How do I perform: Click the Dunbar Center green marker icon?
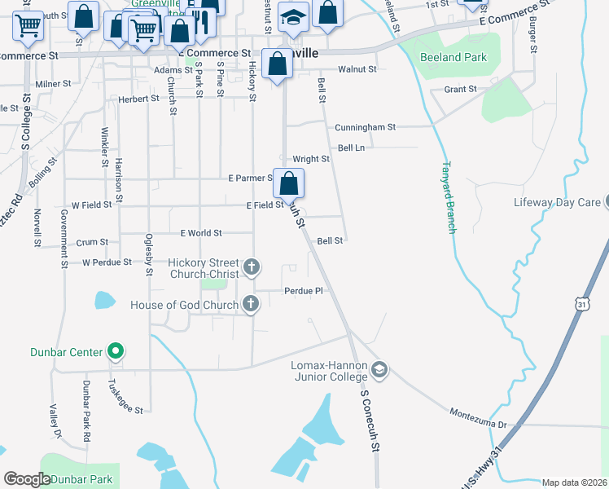point(116,352)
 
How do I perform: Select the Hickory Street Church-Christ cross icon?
point(252,267)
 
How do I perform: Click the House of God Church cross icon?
point(251,305)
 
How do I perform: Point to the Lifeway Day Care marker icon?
point(607,202)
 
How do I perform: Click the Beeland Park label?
point(453,57)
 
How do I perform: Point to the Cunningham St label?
point(366,127)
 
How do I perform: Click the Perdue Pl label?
point(304,291)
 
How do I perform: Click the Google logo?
point(28,479)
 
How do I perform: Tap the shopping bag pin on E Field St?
point(288,183)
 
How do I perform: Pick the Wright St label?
point(311,159)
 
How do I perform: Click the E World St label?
point(201,233)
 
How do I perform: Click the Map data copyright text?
point(574,482)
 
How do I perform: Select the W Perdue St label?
point(107,262)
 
